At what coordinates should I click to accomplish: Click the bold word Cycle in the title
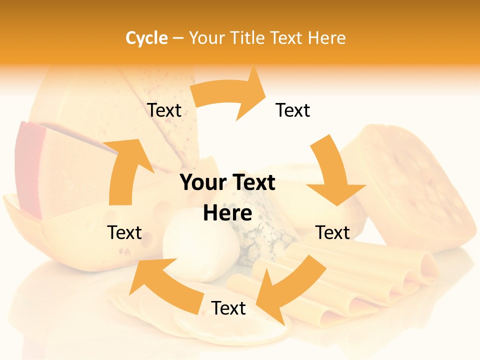[x=146, y=38]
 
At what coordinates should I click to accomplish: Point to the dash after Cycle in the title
[x=178, y=38]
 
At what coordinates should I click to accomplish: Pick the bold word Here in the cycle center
[x=227, y=213]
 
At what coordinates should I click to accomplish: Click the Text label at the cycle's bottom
[x=228, y=308]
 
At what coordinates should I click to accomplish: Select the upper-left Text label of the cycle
[x=164, y=110]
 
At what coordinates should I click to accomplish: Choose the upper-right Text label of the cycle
[x=293, y=110]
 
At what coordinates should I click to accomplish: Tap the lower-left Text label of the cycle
[x=124, y=232]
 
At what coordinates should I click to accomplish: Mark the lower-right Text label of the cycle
[x=332, y=232]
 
